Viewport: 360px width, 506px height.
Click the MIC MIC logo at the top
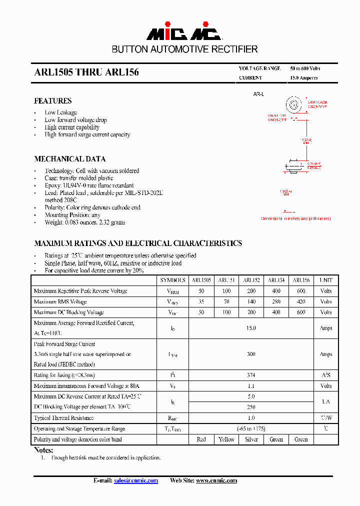(184, 32)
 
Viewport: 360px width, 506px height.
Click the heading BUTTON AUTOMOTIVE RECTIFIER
(184, 49)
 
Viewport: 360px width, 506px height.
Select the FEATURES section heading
(52, 101)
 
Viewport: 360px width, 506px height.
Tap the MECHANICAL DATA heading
(69, 159)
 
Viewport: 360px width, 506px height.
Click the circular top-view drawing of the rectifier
(294, 105)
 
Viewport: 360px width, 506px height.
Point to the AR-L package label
(258, 94)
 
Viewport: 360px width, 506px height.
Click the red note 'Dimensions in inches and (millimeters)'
(295, 218)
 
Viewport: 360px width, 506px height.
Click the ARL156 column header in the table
(301, 280)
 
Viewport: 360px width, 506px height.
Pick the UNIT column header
(326, 280)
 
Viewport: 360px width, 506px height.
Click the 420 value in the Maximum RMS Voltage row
(301, 301)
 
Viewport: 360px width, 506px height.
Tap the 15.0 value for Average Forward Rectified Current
(251, 328)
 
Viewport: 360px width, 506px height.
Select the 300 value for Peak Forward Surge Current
(251, 354)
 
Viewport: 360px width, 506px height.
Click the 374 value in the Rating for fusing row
(251, 375)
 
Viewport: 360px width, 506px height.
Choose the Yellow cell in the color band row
(226, 439)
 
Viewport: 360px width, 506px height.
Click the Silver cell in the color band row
(251, 439)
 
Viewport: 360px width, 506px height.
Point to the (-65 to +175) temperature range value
(251, 429)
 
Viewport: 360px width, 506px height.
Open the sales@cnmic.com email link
(136, 480)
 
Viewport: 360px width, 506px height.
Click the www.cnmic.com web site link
(216, 480)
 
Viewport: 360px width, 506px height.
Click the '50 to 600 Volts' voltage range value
(305, 68)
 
